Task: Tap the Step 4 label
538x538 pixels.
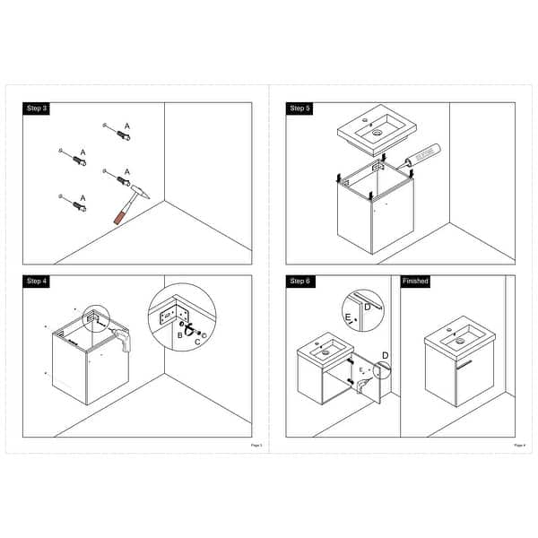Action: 37,282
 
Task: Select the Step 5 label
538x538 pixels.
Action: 299,108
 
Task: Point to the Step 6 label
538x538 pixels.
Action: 299,282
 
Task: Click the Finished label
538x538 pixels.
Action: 415,282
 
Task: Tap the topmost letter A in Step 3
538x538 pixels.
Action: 127,126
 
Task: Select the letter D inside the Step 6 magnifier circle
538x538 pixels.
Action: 368,307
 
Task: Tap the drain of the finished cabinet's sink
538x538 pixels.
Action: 459,340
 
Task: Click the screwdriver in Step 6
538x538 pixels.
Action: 364,385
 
